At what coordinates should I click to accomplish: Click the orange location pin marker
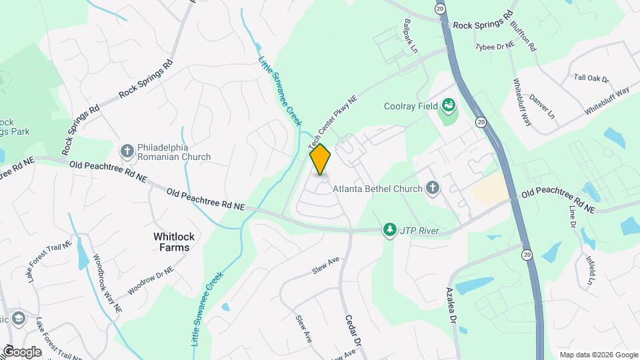click(320, 159)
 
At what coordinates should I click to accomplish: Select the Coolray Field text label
click(411, 106)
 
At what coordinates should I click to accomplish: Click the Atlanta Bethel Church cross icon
click(433, 188)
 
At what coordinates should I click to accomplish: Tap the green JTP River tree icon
click(389, 230)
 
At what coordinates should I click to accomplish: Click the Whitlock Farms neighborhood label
click(171, 241)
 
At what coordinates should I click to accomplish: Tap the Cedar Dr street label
click(352, 327)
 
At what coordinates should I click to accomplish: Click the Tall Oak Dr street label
click(591, 78)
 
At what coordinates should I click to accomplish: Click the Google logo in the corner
click(22, 351)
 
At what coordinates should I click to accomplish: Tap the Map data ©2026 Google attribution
click(598, 355)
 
